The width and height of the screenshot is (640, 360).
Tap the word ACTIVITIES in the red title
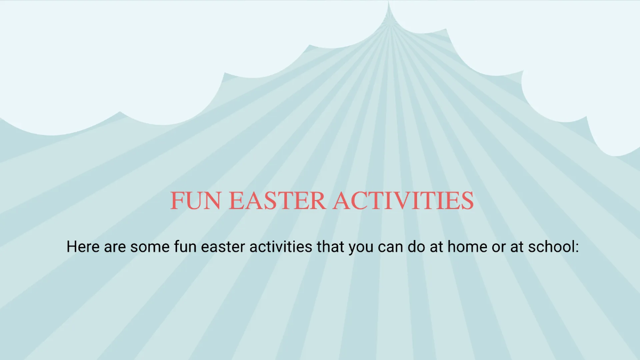[x=403, y=201]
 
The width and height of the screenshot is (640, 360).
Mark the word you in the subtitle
[x=361, y=247]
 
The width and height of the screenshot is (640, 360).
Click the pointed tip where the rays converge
[x=388, y=3]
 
